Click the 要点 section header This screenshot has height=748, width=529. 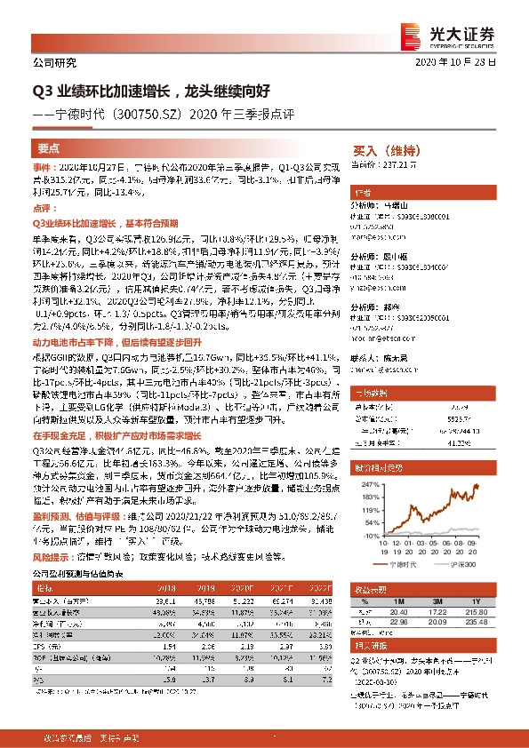pos(49,150)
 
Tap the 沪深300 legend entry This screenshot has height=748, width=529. pos(453,563)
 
